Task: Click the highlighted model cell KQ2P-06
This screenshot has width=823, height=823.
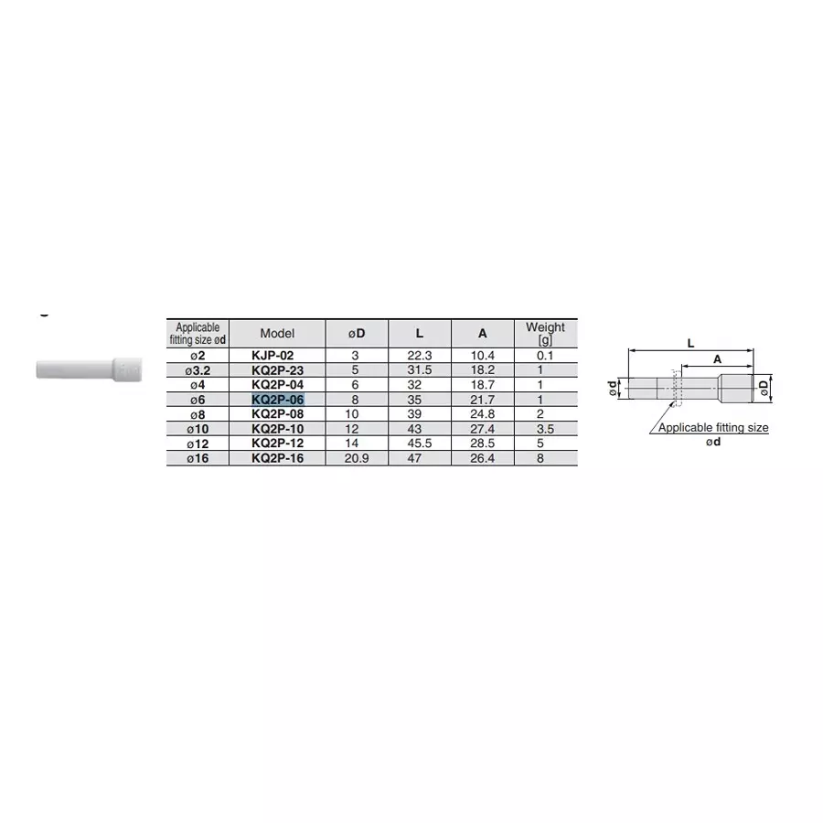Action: pos(277,400)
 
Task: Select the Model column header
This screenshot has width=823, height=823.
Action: pos(277,334)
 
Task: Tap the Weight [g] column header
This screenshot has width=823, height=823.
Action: pos(545,333)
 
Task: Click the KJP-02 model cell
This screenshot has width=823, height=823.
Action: pos(277,355)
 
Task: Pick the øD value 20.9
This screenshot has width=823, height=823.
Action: pos(357,458)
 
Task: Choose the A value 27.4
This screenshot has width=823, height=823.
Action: pos(482,429)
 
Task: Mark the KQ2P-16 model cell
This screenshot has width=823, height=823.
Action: pos(277,458)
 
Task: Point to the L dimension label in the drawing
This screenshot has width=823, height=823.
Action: pos(690,342)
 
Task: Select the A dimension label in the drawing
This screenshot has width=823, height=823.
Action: pos(717,359)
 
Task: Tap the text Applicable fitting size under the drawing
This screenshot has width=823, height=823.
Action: pos(713,427)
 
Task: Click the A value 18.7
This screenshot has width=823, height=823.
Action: pos(482,385)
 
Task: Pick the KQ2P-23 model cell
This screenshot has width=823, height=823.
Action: pos(277,369)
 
